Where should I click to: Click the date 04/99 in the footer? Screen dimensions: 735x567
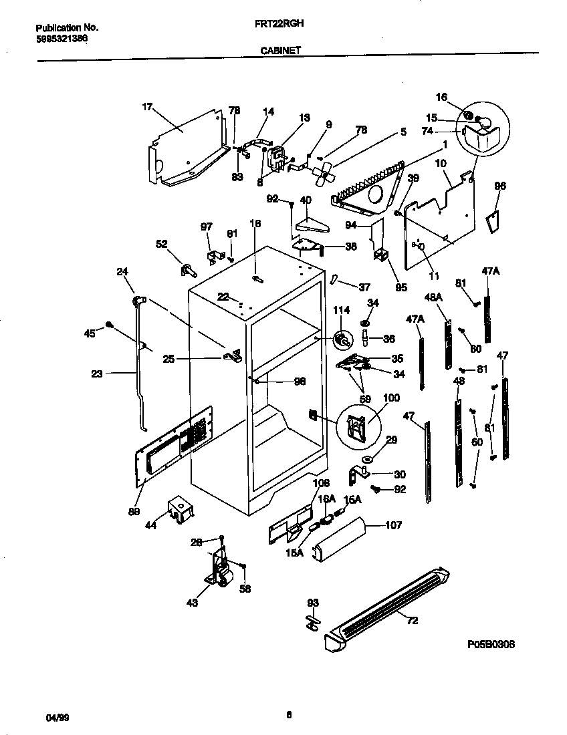tap(58, 717)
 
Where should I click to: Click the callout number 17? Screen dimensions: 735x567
tap(148, 106)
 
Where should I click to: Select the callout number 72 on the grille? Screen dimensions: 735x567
tap(412, 621)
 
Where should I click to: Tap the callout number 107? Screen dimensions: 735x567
tap(393, 525)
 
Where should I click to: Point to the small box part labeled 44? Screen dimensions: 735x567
tap(179, 509)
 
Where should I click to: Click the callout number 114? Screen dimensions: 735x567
tap(342, 309)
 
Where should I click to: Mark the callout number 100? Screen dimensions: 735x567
tap(391, 398)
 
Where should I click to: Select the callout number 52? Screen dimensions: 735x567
tap(162, 244)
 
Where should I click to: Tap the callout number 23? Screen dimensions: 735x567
tap(97, 374)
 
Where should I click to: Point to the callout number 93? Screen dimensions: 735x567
tap(313, 603)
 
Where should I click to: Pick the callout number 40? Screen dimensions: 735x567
tap(305, 199)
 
